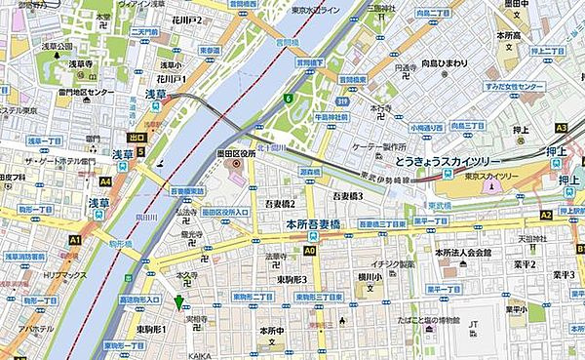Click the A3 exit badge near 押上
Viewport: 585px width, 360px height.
coord(561,128)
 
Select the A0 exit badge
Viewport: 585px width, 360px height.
coord(309,250)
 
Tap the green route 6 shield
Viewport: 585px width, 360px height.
coord(288,99)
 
